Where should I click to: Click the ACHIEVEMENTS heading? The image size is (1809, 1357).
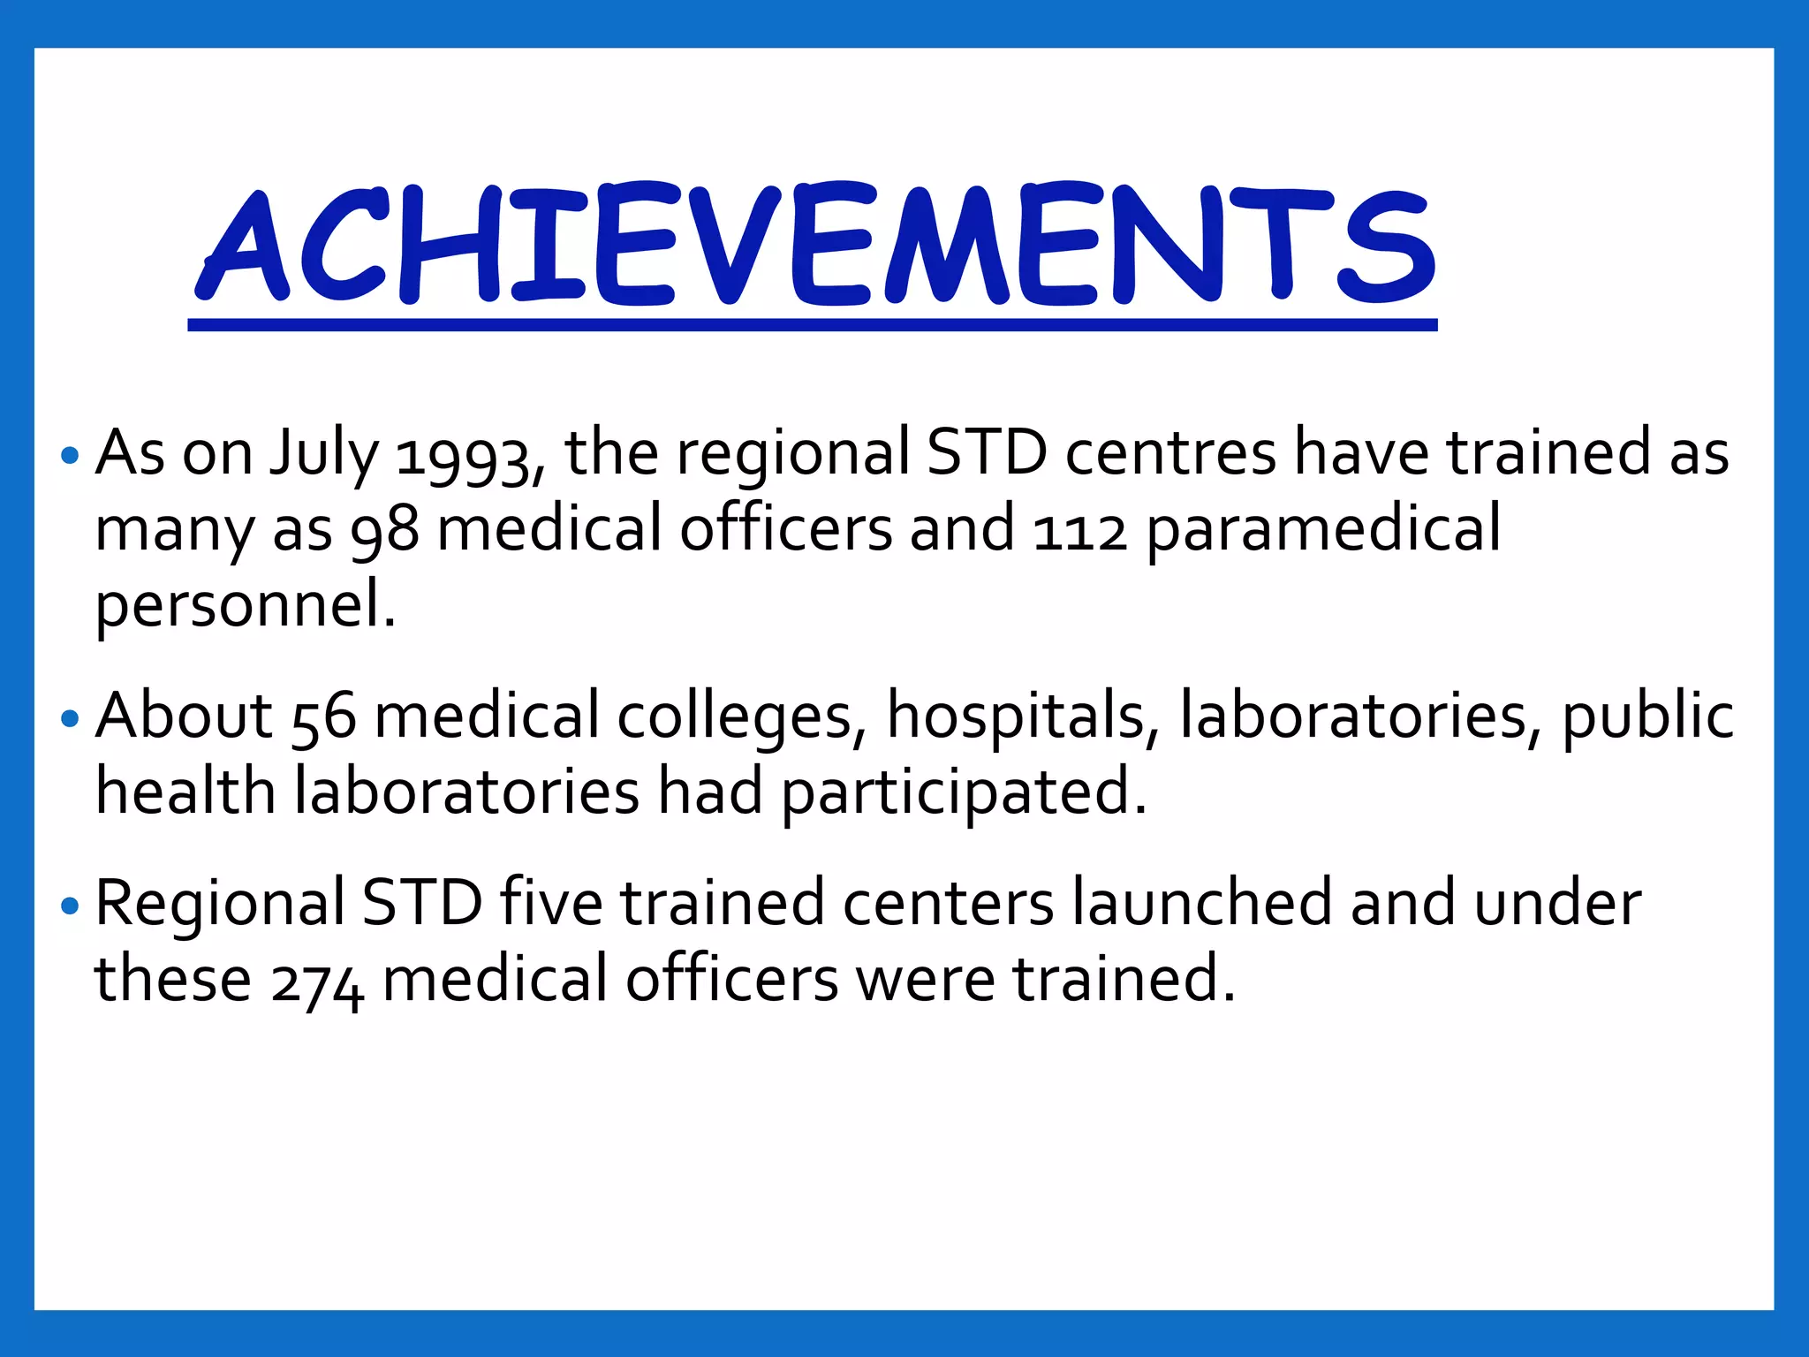[813, 246]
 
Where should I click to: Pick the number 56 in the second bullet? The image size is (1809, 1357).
[323, 717]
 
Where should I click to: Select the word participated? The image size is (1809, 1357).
[963, 793]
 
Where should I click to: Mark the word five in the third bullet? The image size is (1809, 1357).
[551, 905]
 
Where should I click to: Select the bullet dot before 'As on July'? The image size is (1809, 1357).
[71, 457]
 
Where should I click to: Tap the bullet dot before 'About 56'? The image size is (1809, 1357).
[71, 718]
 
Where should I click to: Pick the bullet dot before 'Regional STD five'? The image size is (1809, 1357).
[71, 906]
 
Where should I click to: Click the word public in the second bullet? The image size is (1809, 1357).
[1647, 717]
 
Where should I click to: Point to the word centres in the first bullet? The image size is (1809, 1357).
[1170, 454]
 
